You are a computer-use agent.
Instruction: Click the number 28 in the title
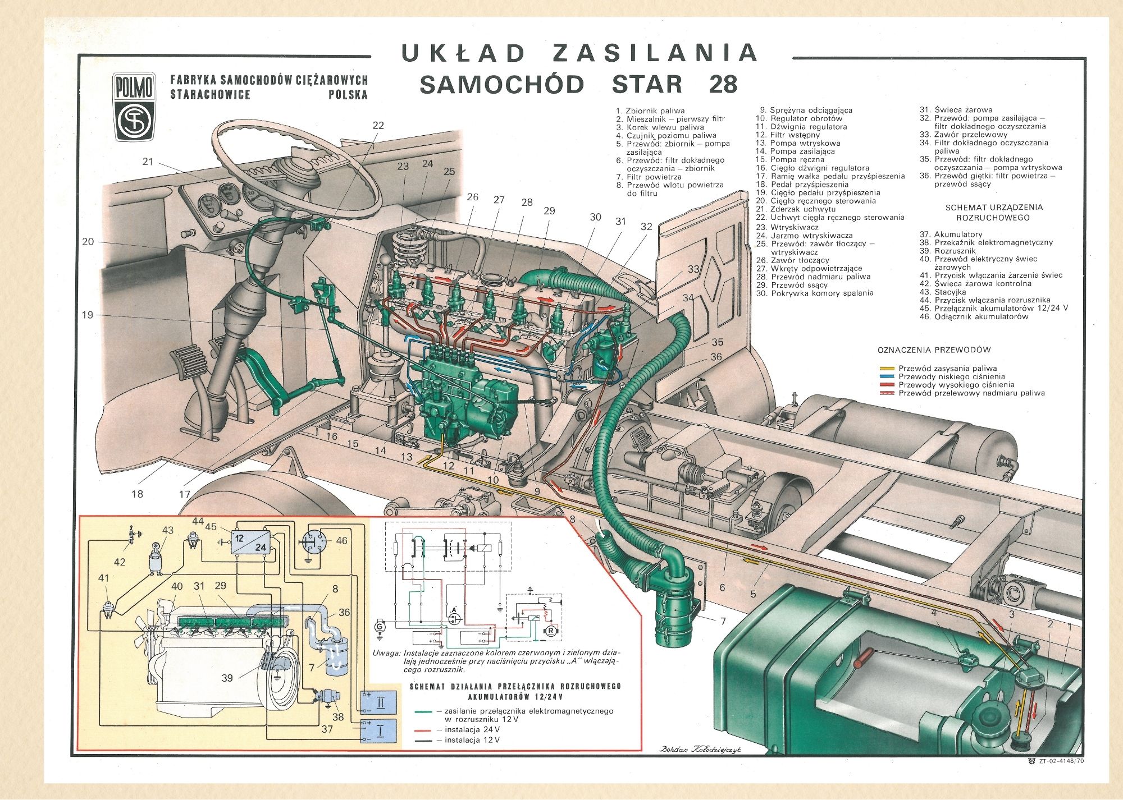pyautogui.click(x=723, y=84)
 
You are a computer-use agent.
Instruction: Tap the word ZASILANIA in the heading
pyautogui.click(x=655, y=53)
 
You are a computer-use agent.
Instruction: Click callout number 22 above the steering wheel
pyautogui.click(x=378, y=125)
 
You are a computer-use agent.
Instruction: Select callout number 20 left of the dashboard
pyautogui.click(x=88, y=242)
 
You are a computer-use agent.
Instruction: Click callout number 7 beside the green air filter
pyautogui.click(x=723, y=621)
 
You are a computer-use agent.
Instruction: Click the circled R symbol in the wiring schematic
pyautogui.click(x=551, y=631)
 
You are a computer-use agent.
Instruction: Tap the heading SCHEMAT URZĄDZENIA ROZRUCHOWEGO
pyautogui.click(x=993, y=212)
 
